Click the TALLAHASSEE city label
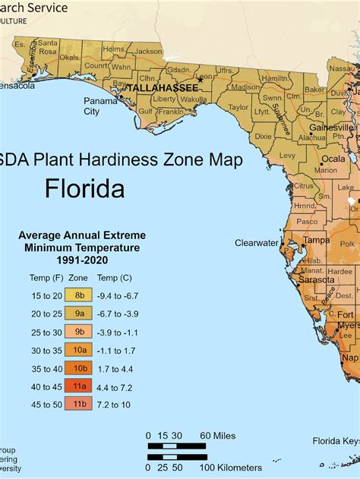coord(162,88)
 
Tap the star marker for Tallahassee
coord(201,79)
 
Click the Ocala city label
coord(333,159)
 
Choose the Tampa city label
coord(316,240)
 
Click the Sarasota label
coord(316,279)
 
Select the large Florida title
coord(84,188)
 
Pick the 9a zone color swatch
coord(77,311)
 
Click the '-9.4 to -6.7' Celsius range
coord(116,294)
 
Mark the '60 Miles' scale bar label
coord(218,435)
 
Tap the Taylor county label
coord(238,108)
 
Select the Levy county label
coord(287,155)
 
